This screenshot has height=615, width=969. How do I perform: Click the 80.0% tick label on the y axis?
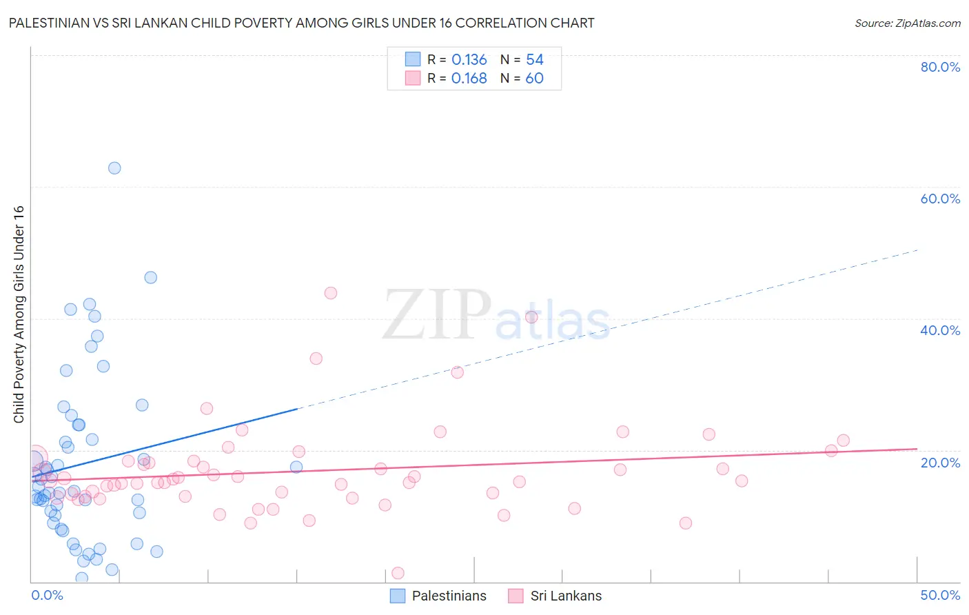pos(940,67)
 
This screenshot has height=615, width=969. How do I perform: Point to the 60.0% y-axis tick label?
pos(940,199)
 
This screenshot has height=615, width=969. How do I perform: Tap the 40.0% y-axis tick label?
pos(940,330)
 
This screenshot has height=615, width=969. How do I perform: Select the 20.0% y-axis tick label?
pos(940,462)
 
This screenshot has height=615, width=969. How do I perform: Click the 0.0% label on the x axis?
pos(47,595)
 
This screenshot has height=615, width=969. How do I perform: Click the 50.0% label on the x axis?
pos(940,595)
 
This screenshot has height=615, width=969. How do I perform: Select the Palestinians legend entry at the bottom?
pos(438,596)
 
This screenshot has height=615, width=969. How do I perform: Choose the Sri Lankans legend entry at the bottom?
pos(555,596)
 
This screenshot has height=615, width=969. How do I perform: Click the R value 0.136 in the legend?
pos(469,60)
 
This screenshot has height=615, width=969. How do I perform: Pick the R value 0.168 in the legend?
pos(469,79)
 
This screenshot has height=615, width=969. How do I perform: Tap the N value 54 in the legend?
pos(535,60)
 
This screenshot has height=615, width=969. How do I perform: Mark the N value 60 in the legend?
pos(535,79)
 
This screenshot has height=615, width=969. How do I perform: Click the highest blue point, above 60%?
pos(114,168)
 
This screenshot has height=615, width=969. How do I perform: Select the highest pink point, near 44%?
pos(331,293)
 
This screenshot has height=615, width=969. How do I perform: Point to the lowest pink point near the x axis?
pos(398,573)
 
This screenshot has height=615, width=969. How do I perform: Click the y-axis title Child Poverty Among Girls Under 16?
pos(19,314)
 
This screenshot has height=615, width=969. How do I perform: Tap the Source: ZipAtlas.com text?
pos(907,23)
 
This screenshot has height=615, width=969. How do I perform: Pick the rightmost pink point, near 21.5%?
pos(843,441)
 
